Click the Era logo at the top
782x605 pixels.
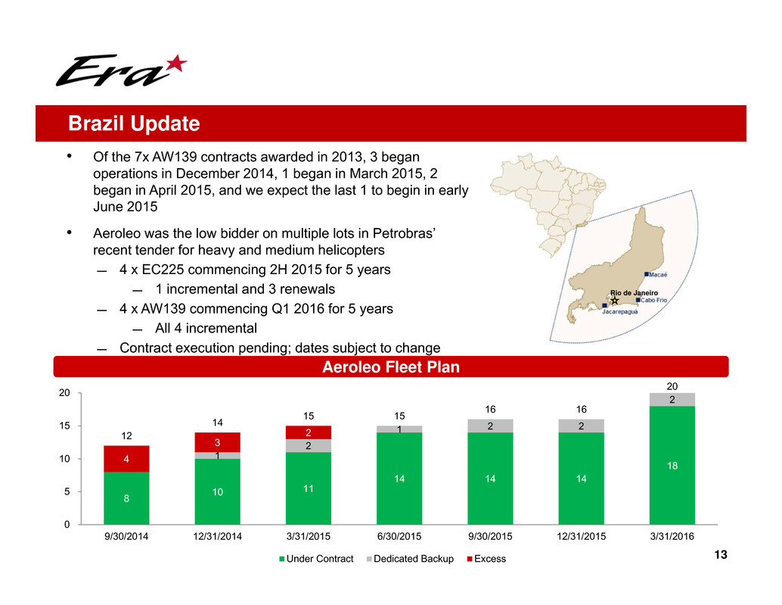click(x=120, y=70)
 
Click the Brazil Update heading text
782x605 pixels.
click(x=134, y=123)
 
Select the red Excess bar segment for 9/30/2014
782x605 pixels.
click(x=126, y=459)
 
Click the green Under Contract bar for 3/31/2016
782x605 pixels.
click(x=672, y=465)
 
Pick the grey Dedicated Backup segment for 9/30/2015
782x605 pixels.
click(x=490, y=426)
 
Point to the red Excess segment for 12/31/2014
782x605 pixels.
click(x=217, y=442)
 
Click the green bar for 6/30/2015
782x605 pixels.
click(x=399, y=479)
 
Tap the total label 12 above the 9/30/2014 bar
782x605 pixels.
click(x=126, y=435)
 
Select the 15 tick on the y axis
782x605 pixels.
click(x=66, y=426)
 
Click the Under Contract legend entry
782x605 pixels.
click(x=317, y=559)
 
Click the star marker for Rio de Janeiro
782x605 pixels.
click(x=614, y=301)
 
